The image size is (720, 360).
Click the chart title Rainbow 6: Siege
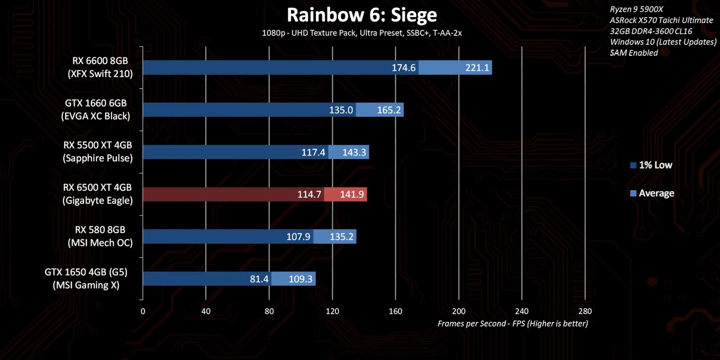(362, 15)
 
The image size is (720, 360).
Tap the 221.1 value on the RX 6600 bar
(477, 68)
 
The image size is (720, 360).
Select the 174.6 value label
(403, 68)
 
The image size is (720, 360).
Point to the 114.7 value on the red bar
(309, 194)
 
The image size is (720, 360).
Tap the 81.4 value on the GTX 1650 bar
(259, 279)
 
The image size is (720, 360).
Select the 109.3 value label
(300, 279)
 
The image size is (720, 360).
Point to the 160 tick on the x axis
(395, 311)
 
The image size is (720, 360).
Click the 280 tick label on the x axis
(585, 311)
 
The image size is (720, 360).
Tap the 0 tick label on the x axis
(143, 311)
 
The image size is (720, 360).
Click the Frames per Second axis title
(513, 324)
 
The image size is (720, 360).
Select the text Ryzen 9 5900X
(636, 9)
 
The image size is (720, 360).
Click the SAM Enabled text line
(634, 53)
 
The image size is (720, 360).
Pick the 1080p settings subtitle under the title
(362, 33)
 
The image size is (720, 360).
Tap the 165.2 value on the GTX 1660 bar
(388, 110)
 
